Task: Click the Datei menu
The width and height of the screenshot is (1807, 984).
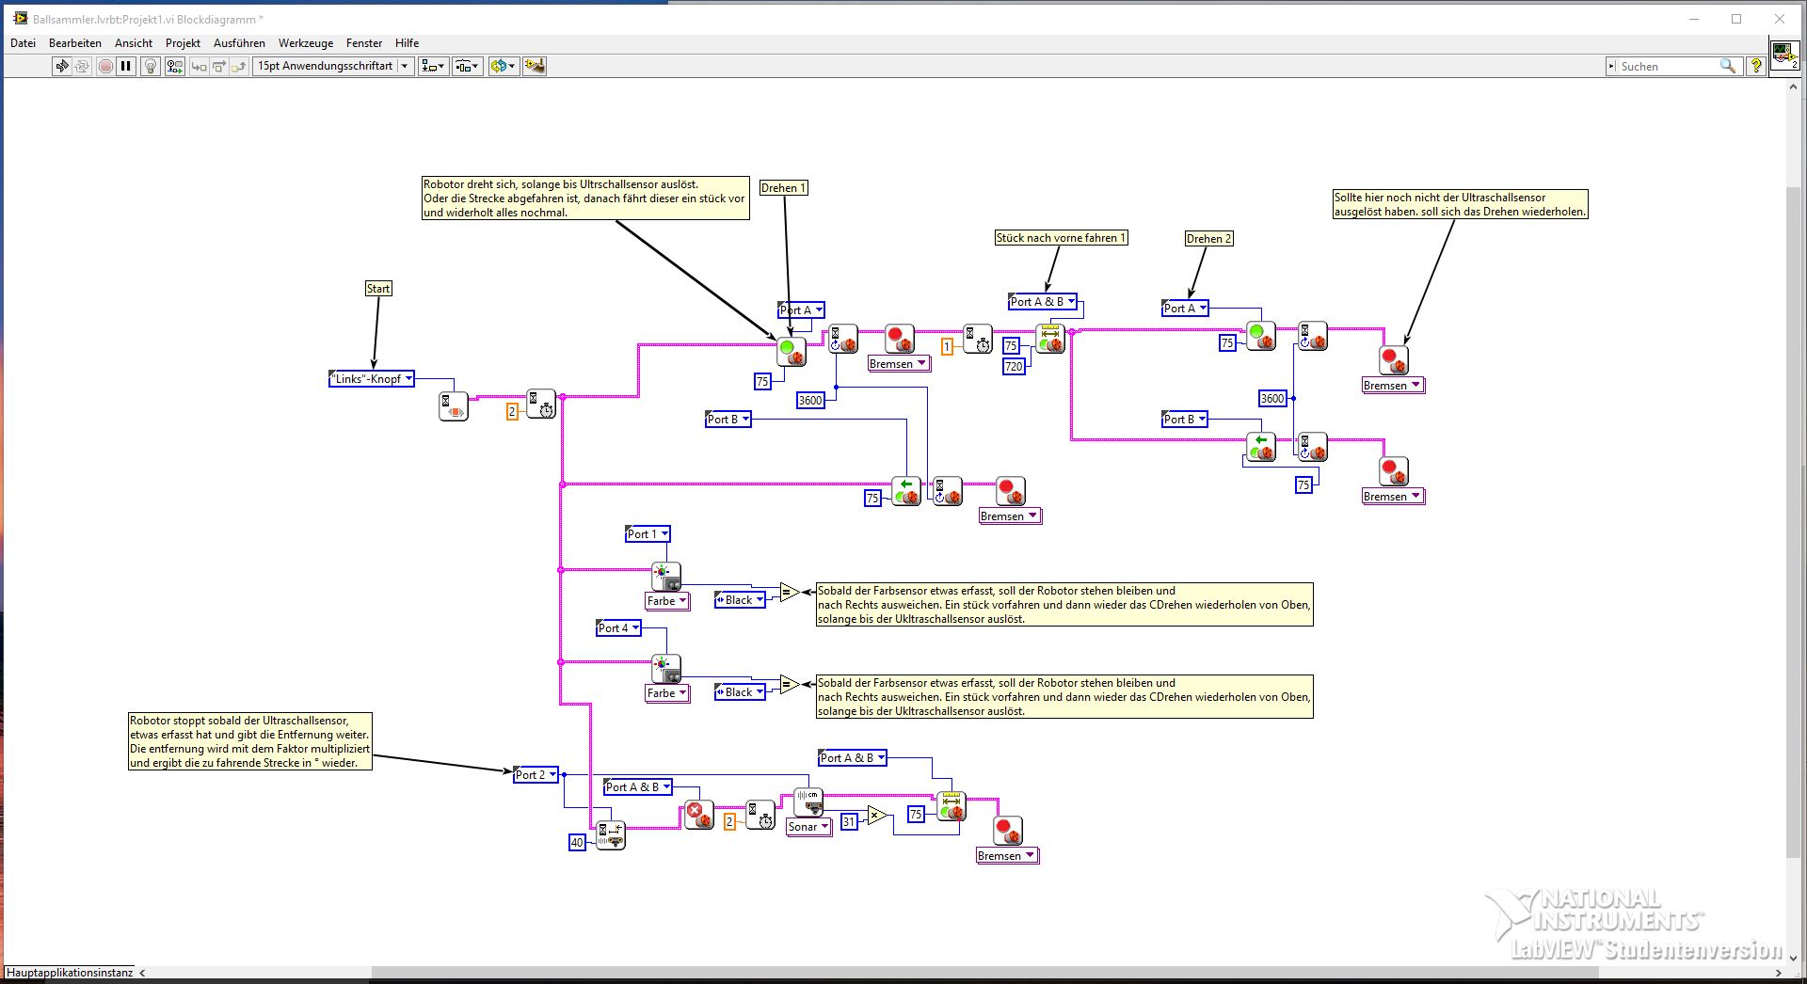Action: pos(23,43)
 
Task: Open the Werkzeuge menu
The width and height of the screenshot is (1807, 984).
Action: pos(305,43)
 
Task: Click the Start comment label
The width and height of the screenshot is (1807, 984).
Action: pos(378,289)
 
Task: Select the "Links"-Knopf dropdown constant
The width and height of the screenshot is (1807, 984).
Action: pos(371,379)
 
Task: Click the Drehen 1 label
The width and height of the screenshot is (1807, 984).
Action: pos(783,188)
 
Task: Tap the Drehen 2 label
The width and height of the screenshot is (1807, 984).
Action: pos(1208,239)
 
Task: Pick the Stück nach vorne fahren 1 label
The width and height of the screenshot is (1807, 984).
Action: pos(1061,238)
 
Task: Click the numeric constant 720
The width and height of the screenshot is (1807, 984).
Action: pos(1013,367)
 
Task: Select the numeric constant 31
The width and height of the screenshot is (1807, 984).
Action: pos(849,821)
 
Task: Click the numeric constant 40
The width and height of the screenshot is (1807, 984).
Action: pos(577,843)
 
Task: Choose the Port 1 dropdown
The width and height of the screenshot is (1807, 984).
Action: pos(648,534)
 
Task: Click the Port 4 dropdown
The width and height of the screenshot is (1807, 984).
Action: pos(618,628)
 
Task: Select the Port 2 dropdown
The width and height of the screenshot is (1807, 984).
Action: pos(536,775)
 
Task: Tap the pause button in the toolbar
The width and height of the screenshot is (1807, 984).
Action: pos(126,66)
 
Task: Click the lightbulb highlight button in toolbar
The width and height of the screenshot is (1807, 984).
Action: pos(150,66)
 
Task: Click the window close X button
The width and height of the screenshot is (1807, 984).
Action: pos(1780,19)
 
